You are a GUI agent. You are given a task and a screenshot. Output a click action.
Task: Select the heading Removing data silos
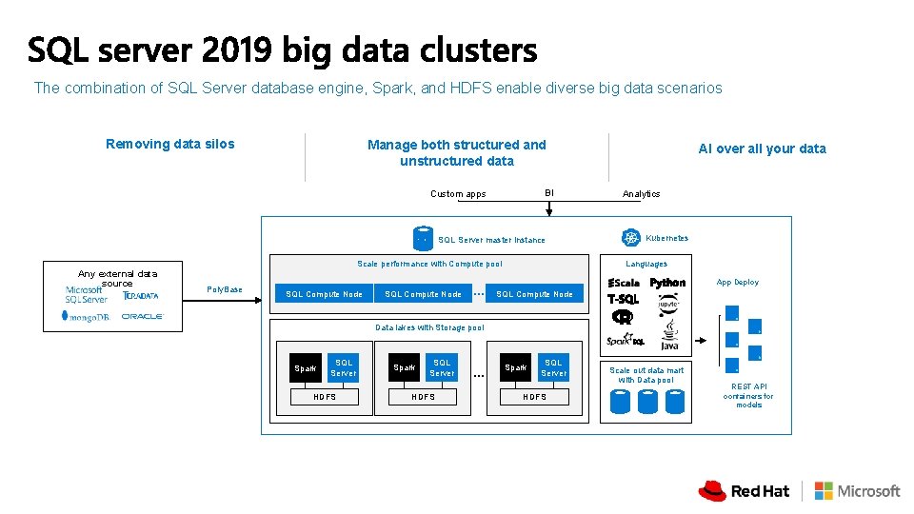[x=169, y=144]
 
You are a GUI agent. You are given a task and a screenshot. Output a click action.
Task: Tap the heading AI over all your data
[x=762, y=148]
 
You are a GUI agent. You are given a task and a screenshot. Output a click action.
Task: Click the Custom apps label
[x=458, y=194]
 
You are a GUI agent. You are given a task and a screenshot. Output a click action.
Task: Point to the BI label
[x=548, y=193]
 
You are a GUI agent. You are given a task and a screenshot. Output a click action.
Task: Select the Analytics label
[x=641, y=194]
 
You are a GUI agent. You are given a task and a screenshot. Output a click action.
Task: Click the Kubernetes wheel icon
[x=630, y=238]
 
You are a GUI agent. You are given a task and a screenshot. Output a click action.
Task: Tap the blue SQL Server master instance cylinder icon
[x=423, y=238]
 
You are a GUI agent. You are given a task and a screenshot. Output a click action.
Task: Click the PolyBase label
[x=224, y=289]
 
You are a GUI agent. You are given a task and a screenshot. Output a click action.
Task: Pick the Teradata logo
[x=141, y=295]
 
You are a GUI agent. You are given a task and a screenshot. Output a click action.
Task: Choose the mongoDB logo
[x=87, y=316]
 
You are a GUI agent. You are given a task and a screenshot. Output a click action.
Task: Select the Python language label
[x=667, y=283]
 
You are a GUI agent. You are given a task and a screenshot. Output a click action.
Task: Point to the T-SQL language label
[x=623, y=299]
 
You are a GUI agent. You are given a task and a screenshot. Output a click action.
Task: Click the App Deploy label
[x=738, y=283]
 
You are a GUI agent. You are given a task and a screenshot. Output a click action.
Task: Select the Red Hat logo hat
[x=712, y=490]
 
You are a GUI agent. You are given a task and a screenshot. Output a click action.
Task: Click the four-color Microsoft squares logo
[x=824, y=490]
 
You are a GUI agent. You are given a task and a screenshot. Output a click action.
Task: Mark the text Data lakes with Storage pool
[x=429, y=327]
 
